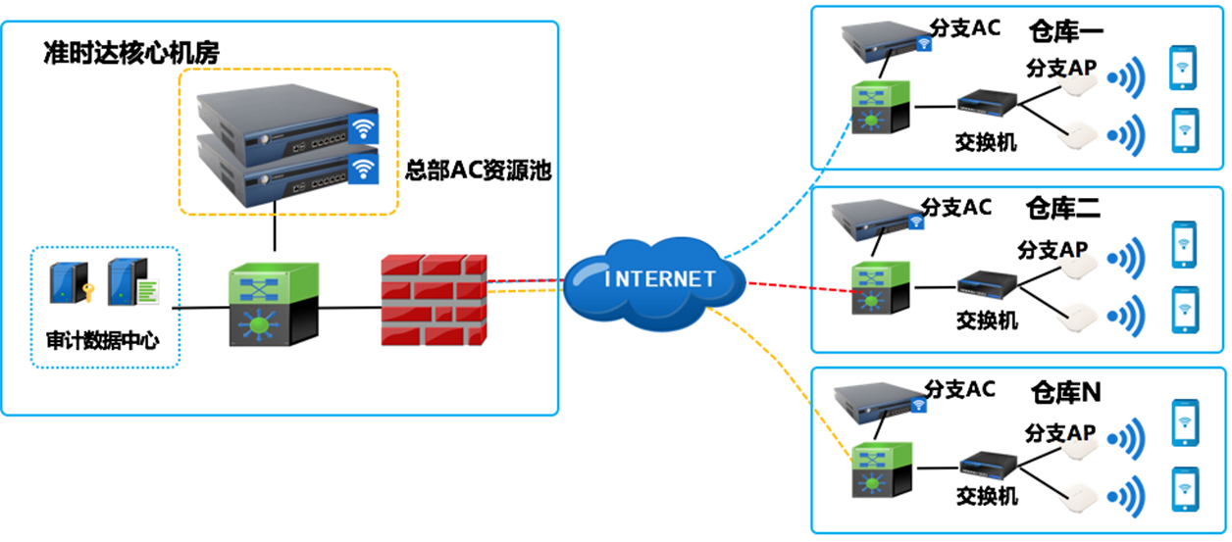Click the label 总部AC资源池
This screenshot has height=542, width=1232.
point(479,171)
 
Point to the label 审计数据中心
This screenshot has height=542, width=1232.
point(103,341)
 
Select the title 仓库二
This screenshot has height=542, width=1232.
point(1063,208)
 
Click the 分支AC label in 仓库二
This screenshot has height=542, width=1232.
point(956,208)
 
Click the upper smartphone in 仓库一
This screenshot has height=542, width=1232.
point(1184,69)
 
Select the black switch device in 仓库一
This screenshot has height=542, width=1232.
point(985,104)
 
